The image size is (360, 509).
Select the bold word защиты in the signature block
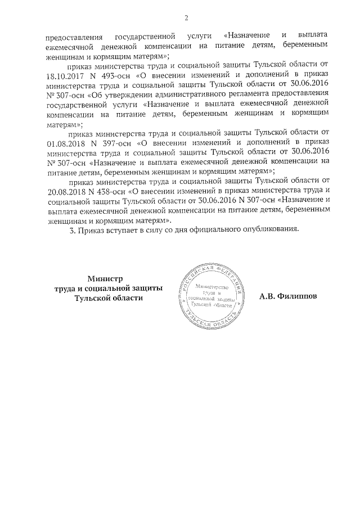(x=145, y=288)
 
